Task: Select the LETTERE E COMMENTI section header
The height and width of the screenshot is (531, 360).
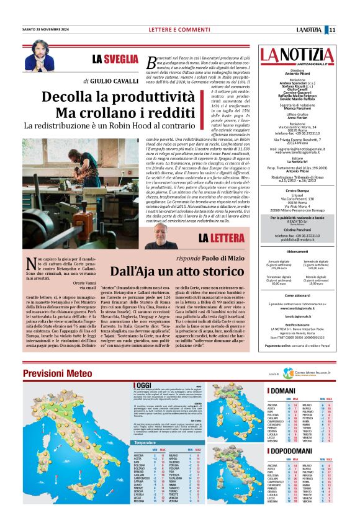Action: (174, 29)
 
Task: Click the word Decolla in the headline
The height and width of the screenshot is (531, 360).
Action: (67, 97)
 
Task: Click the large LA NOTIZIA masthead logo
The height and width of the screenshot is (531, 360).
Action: (287, 57)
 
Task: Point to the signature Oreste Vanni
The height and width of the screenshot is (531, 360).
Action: (84, 283)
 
